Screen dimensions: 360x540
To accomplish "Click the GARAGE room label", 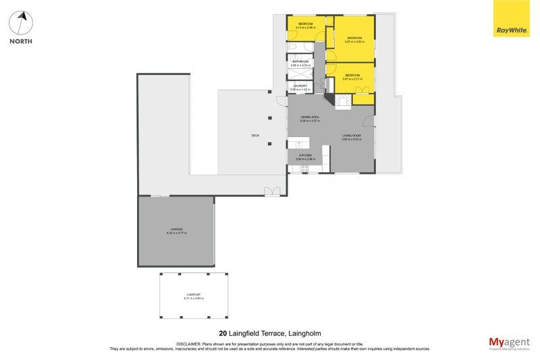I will pyautogui.click(x=176, y=230).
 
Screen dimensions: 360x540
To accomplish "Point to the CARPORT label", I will pyautogui.click(x=194, y=295).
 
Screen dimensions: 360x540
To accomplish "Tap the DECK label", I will pyautogui.click(x=255, y=136).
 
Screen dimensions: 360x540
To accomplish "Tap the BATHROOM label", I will pyautogui.click(x=300, y=62).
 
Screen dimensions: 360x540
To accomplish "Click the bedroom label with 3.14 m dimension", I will pyautogui.click(x=305, y=25).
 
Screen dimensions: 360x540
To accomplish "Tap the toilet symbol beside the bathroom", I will pyautogui.click(x=292, y=49).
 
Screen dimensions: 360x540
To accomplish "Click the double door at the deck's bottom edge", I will pyautogui.click(x=271, y=190).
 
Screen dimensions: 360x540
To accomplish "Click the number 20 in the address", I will pyautogui.click(x=223, y=333).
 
